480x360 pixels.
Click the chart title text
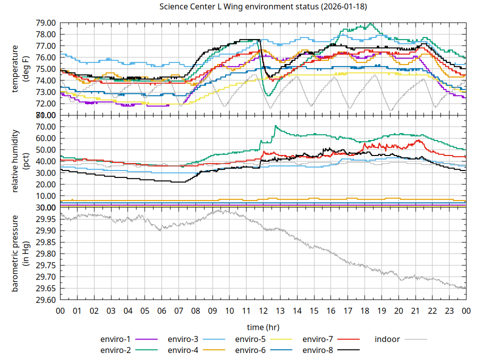(x=263, y=7)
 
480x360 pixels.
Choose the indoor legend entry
(x=387, y=339)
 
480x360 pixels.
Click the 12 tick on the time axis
(x=263, y=311)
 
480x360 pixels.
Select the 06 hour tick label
(x=161, y=311)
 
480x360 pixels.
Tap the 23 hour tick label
(x=449, y=311)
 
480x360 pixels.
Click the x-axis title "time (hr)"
(x=263, y=327)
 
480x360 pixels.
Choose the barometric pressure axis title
(x=20, y=253)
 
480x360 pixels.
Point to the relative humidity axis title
(x=20, y=161)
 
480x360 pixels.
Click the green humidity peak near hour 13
(x=275, y=126)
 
